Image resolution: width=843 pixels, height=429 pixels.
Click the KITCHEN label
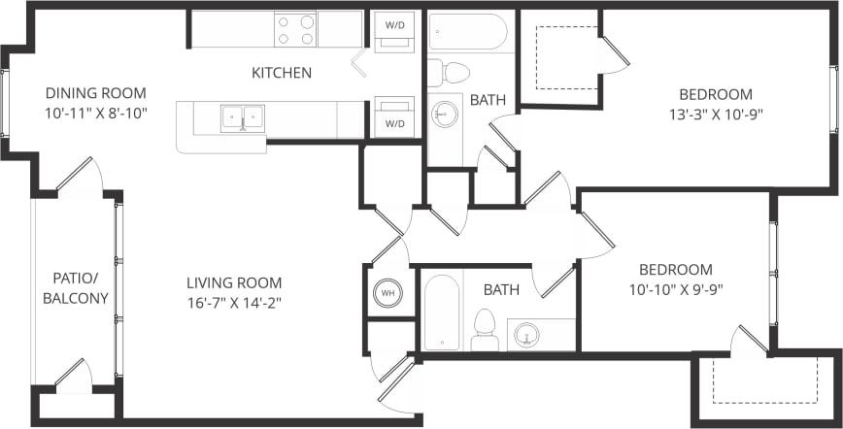click(x=282, y=73)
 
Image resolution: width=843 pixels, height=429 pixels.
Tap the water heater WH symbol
click(x=388, y=292)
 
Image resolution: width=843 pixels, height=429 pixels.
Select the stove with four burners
click(x=296, y=29)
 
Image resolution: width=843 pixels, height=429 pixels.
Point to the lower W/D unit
click(x=395, y=116)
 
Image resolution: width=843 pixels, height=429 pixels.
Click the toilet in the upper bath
click(x=450, y=70)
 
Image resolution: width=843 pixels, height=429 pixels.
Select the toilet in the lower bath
click(x=485, y=329)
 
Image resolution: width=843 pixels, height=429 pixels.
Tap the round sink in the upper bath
click(x=446, y=115)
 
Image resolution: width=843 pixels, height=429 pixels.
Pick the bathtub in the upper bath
click(x=469, y=32)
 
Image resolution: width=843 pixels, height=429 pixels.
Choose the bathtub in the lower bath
click(x=442, y=313)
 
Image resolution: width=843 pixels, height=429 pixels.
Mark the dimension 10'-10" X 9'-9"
click(x=675, y=288)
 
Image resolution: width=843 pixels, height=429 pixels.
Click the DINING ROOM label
click(x=96, y=93)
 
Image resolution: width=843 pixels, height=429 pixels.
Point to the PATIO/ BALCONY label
click(x=75, y=288)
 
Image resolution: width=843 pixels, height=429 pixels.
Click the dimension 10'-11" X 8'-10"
click(x=96, y=113)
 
